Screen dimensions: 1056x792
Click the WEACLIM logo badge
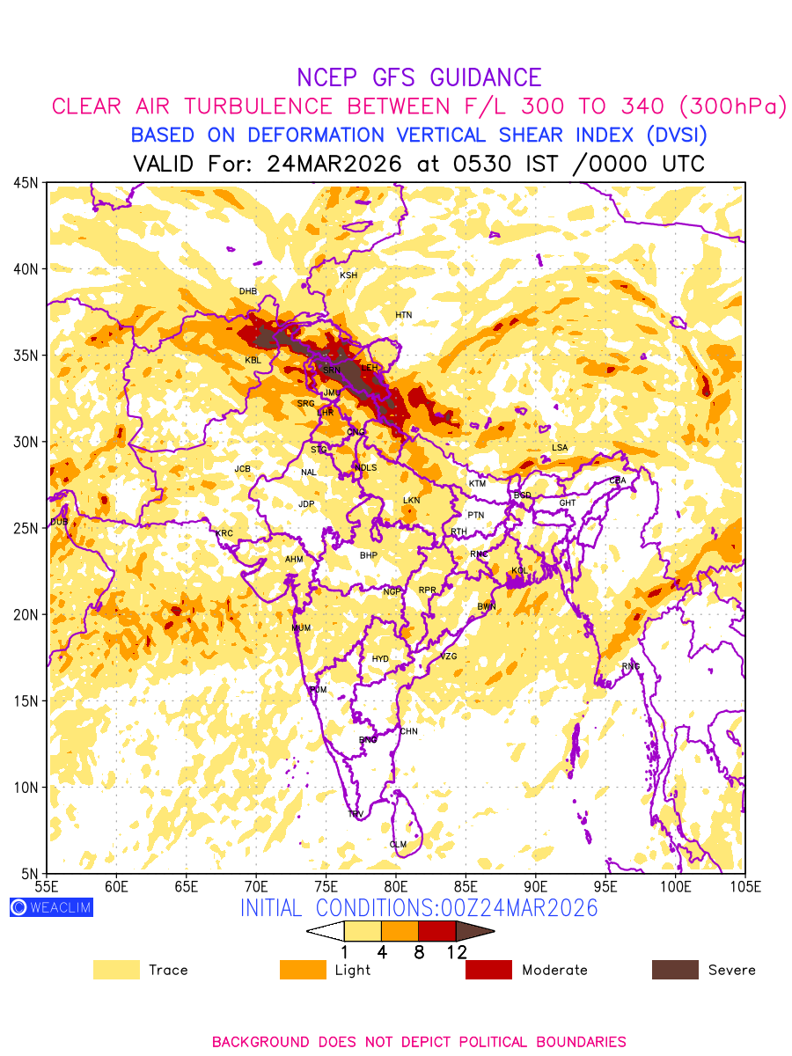point(51,907)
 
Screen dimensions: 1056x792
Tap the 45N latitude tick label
point(25,182)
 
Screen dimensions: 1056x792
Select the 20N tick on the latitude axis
point(25,614)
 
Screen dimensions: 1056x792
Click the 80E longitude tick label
point(396,885)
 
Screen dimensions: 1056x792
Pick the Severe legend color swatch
point(675,970)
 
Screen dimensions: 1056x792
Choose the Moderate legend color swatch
point(488,970)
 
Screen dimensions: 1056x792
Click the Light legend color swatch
point(303,970)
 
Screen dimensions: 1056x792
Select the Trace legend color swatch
point(116,970)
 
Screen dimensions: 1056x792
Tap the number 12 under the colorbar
point(456,952)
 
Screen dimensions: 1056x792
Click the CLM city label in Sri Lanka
point(398,845)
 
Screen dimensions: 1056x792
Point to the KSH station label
point(348,275)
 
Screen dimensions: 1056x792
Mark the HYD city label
point(380,659)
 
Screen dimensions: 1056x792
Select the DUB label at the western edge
point(58,522)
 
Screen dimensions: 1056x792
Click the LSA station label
point(560,448)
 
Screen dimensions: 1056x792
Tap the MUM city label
point(301,628)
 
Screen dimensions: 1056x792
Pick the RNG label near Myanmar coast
point(630,666)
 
